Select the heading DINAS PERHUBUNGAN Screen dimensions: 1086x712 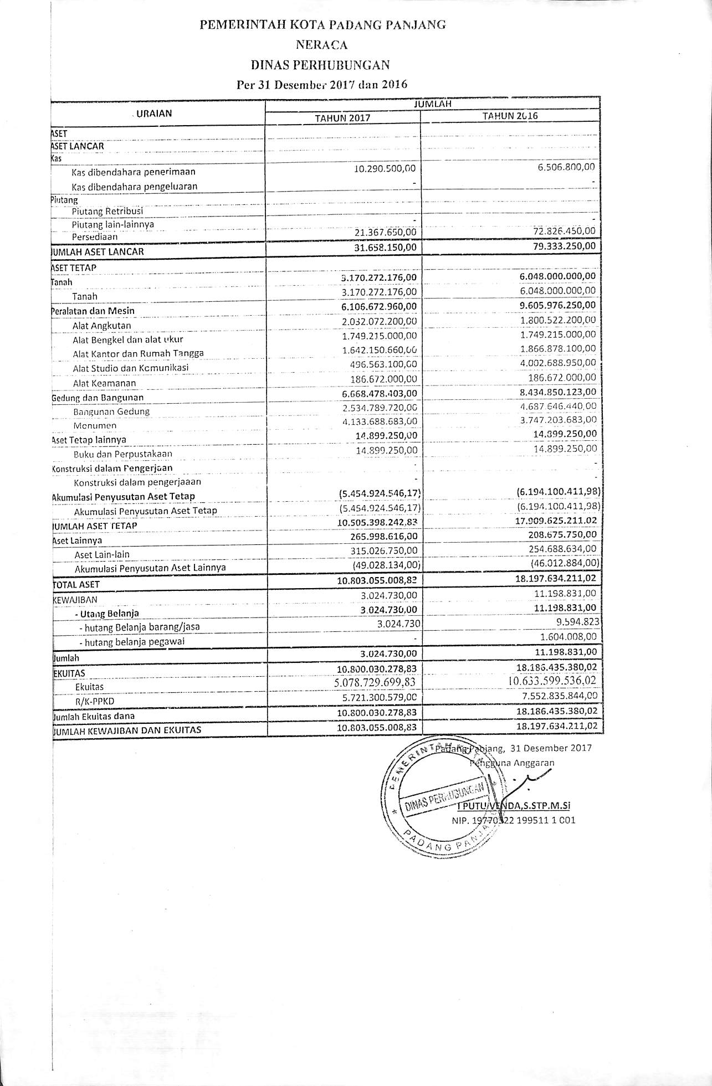(320, 65)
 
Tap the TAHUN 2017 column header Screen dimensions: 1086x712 (342, 117)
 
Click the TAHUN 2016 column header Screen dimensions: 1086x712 (510, 116)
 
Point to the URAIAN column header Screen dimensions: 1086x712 (154, 114)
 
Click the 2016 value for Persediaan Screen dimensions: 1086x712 (561, 230)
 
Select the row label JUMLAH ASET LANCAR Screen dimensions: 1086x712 (98, 251)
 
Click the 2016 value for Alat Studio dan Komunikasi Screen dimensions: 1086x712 (559, 363)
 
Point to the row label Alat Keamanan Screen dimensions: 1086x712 (104, 383)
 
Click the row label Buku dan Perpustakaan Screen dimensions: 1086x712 (122, 454)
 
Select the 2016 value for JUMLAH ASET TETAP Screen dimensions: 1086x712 (557, 521)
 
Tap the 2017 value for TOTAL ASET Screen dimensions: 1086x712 (377, 579)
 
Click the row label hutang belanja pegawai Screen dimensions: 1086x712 (131, 642)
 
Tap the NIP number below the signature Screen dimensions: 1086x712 (513, 820)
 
